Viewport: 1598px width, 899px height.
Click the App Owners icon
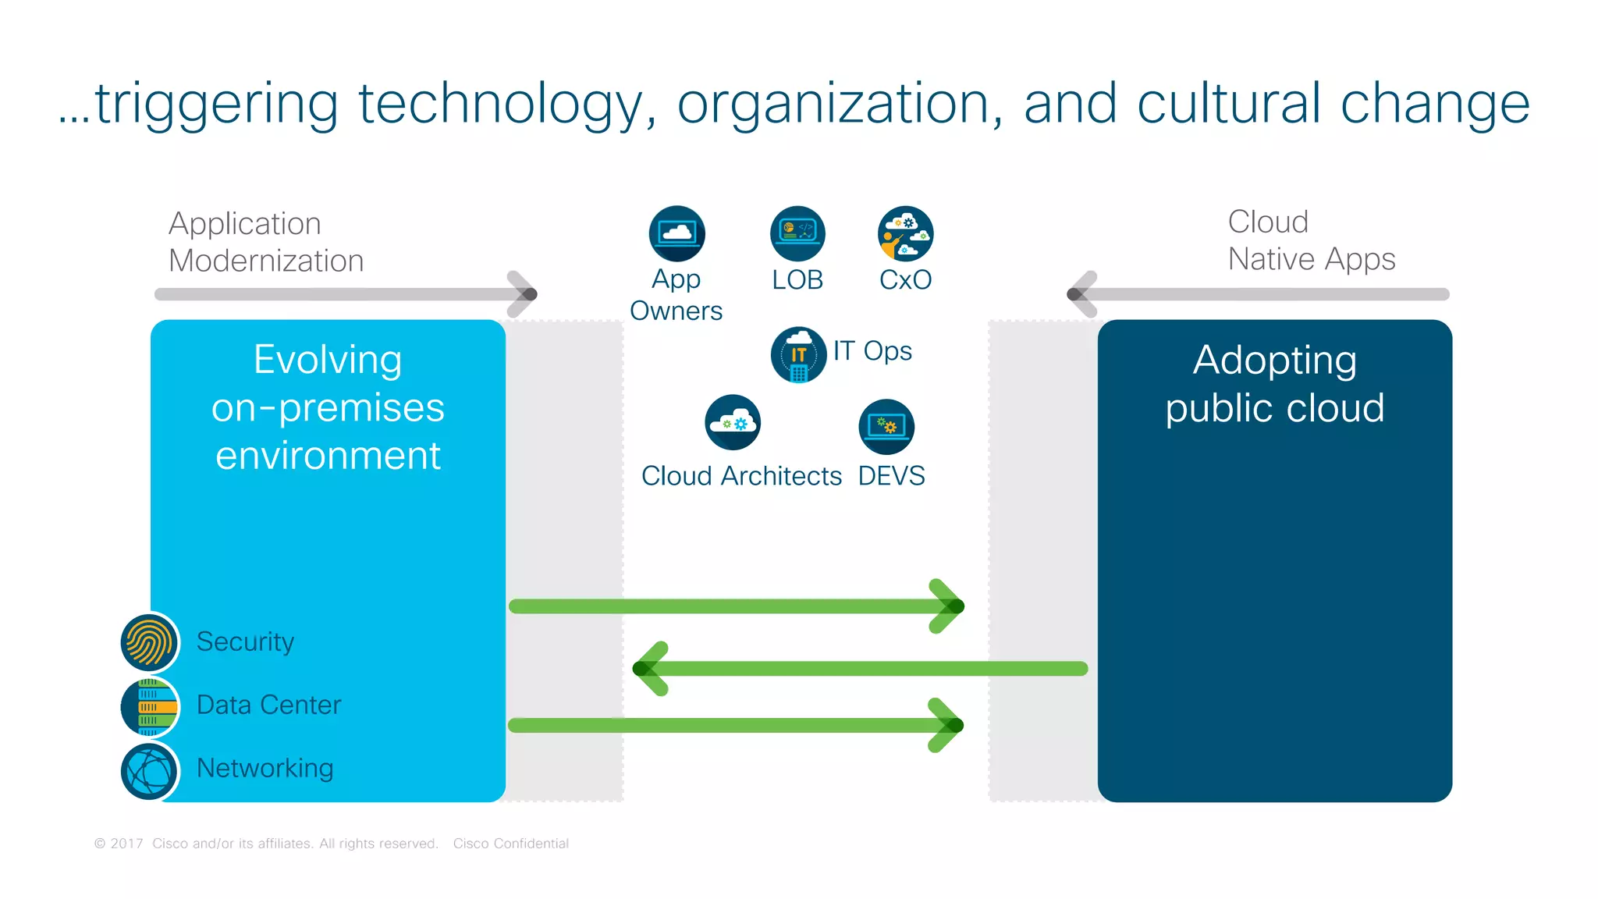click(676, 233)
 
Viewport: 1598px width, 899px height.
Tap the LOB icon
click(797, 233)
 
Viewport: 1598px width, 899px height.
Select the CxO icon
click(905, 233)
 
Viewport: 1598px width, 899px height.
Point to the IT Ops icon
click(798, 354)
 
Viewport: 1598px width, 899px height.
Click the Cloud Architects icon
click(733, 422)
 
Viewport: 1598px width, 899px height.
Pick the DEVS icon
click(886, 426)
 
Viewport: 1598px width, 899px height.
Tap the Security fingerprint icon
click(150, 642)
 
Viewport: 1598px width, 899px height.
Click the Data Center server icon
click(150, 706)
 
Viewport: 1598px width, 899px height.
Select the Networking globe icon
click(150, 771)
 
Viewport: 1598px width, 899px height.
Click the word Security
click(245, 641)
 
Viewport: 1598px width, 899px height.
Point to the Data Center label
click(268, 705)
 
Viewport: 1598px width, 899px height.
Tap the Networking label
click(265, 768)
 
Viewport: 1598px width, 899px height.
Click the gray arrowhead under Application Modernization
click(524, 294)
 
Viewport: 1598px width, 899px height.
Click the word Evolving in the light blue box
click(328, 360)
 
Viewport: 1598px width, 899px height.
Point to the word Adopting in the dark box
click(1274, 361)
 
